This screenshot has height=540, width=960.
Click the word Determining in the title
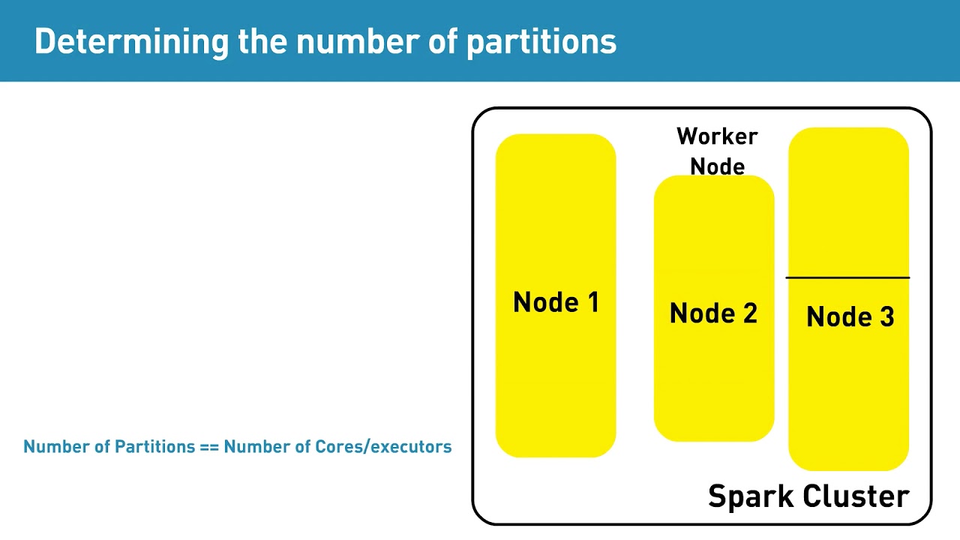tap(131, 42)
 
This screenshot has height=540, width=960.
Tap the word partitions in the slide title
tap(541, 42)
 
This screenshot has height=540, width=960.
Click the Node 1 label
tap(556, 302)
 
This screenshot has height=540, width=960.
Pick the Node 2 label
tap(713, 313)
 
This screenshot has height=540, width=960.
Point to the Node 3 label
tap(850, 317)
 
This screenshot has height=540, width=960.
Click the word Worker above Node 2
tap(717, 136)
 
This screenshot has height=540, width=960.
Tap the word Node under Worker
tap(717, 166)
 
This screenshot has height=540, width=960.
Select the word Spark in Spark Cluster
tap(751, 496)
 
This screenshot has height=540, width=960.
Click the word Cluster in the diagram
tap(856, 496)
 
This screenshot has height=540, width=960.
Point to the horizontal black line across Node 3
tap(847, 278)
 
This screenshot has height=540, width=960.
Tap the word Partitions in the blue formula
tap(154, 447)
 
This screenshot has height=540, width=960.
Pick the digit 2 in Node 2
tap(748, 313)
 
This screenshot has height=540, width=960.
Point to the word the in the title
tap(262, 42)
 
